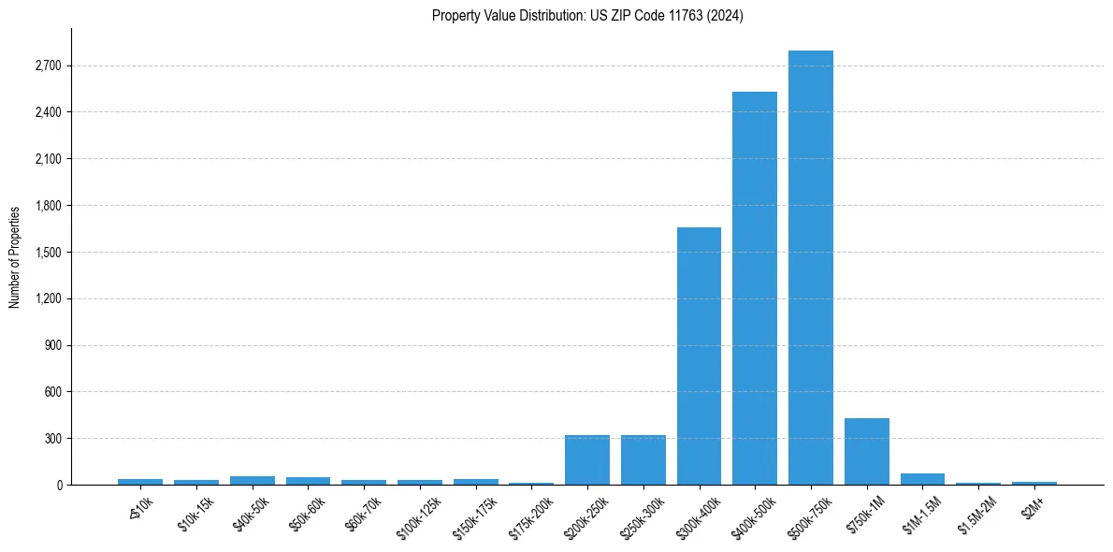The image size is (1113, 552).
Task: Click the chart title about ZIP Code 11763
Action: [x=587, y=16]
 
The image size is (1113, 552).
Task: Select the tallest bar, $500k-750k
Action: [x=810, y=268]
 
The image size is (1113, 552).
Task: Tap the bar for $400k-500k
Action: [x=755, y=288]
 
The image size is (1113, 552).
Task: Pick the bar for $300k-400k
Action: [x=699, y=356]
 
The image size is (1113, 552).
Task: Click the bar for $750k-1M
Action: [x=866, y=452]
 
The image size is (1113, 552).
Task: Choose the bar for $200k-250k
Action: [x=587, y=460]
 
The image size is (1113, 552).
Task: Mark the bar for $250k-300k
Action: [x=643, y=460]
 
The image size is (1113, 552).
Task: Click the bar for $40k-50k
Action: [x=253, y=480]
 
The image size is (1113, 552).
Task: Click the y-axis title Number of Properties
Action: [x=15, y=256]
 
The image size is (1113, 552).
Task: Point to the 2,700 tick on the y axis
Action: [x=48, y=66]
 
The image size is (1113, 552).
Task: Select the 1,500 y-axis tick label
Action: [x=48, y=253]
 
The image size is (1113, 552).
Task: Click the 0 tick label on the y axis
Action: [x=58, y=486]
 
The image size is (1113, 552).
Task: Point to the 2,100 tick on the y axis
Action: [x=48, y=159]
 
